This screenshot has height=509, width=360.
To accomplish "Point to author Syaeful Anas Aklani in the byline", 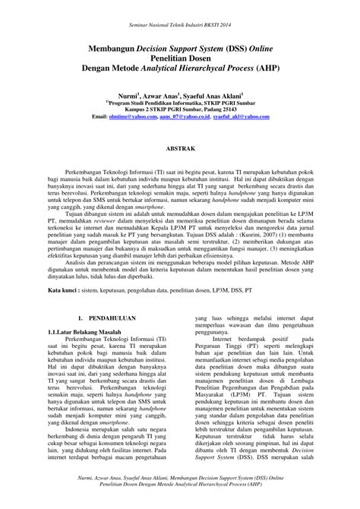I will click(213, 97).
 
